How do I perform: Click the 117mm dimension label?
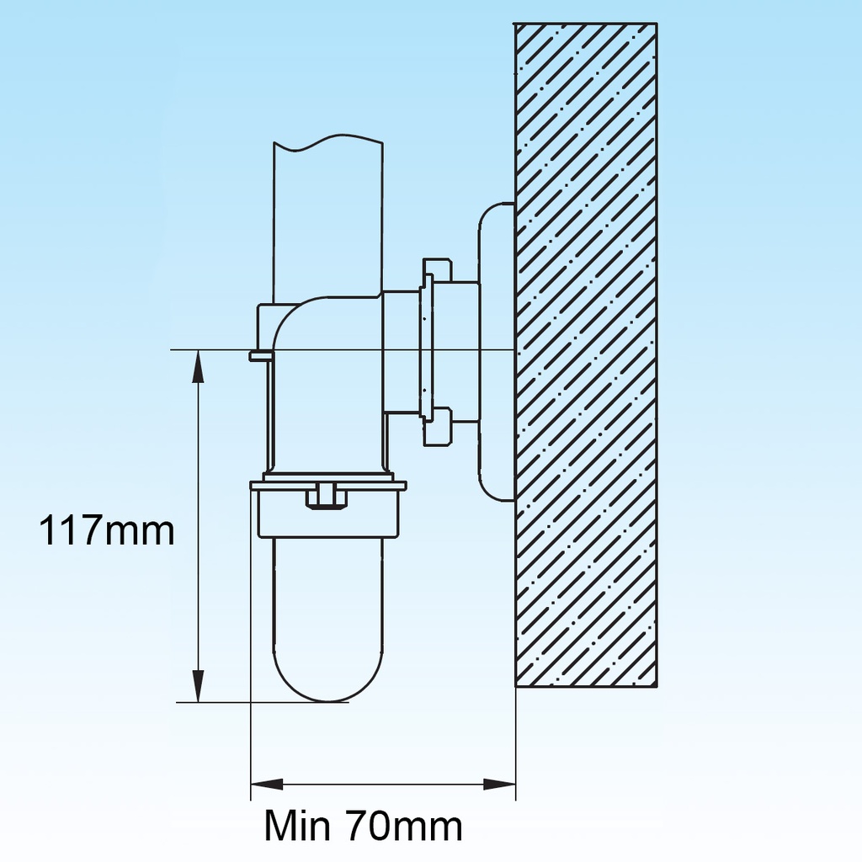pyautogui.click(x=107, y=530)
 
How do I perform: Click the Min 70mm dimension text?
pyautogui.click(x=364, y=826)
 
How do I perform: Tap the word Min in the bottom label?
pyautogui.click(x=297, y=826)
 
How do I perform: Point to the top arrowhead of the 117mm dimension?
pyautogui.click(x=199, y=366)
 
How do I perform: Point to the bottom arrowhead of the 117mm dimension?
pyautogui.click(x=199, y=685)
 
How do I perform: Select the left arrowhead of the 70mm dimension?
pyautogui.click(x=267, y=785)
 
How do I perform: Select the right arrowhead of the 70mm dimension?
pyautogui.click(x=499, y=785)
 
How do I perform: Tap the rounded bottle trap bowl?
pyautogui.click(x=329, y=619)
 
